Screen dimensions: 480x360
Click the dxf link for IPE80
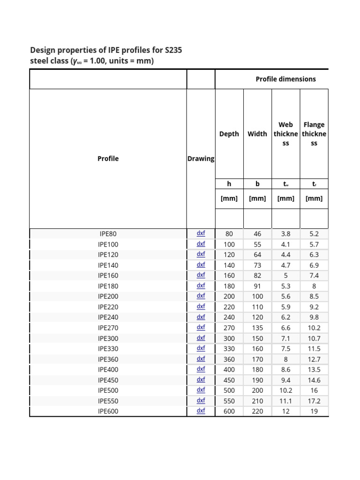click(201, 233)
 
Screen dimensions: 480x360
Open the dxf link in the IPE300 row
click(201, 338)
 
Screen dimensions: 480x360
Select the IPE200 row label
click(108, 296)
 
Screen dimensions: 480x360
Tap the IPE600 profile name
click(108, 412)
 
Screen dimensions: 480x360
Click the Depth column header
click(229, 134)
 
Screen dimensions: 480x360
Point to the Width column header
click(257, 134)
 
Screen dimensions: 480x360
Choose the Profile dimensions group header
click(285, 79)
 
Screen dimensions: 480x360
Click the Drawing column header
click(201, 158)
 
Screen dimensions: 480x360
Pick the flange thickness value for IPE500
click(314, 390)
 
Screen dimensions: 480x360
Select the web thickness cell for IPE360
click(285, 359)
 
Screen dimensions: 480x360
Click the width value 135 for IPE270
click(257, 328)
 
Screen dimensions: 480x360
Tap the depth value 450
click(229, 380)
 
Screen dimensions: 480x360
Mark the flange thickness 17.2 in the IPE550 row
click(314, 401)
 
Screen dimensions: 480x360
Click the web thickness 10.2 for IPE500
click(285, 390)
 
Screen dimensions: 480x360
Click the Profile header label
click(108, 158)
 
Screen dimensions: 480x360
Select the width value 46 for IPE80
click(257, 233)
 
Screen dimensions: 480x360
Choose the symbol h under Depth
click(229, 184)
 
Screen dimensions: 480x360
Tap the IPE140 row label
click(108, 265)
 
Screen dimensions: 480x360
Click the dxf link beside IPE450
click(201, 380)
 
